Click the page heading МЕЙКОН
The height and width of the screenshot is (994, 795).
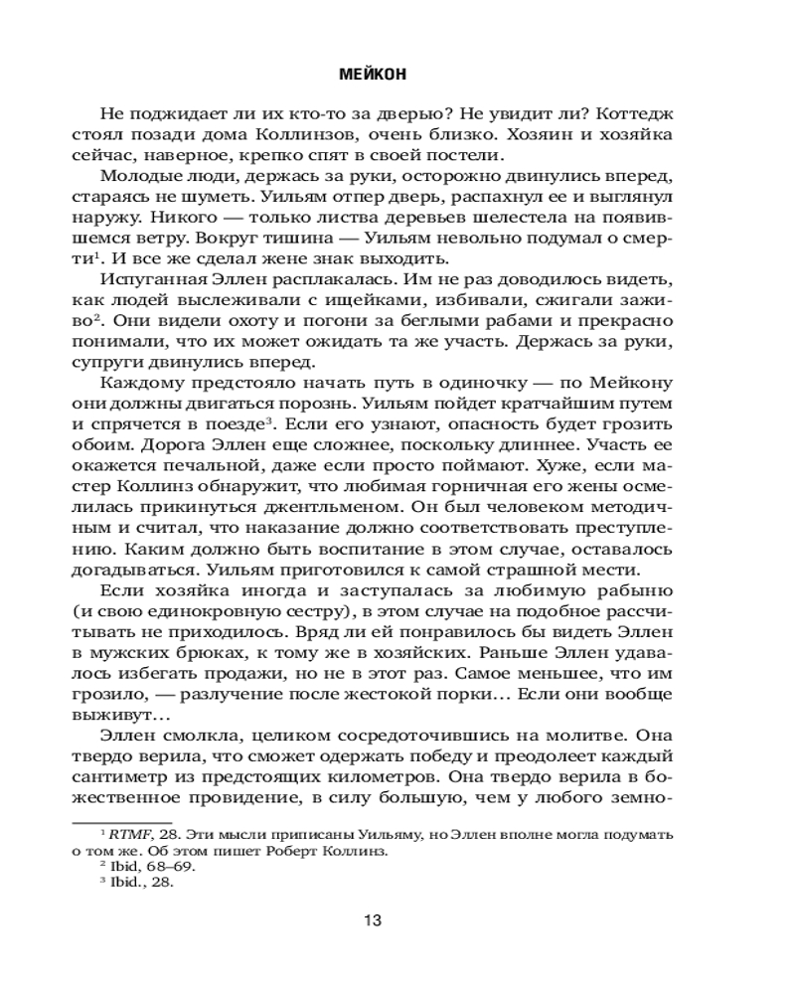373,73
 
